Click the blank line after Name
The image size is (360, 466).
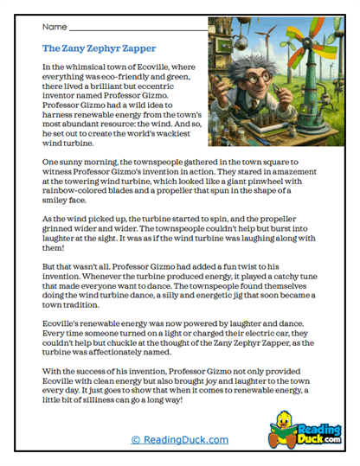[x=138, y=29]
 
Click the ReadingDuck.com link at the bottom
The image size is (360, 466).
[x=180, y=440]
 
